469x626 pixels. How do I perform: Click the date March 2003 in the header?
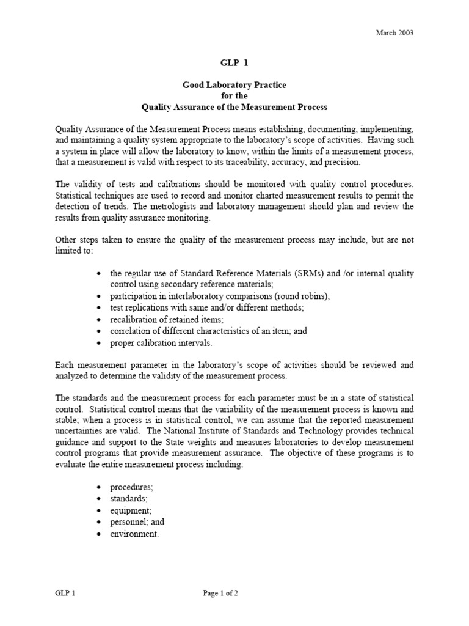(x=394, y=33)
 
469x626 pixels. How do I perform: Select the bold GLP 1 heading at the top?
(x=234, y=62)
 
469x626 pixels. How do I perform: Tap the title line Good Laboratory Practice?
(x=234, y=85)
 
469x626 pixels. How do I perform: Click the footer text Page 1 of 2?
(x=220, y=593)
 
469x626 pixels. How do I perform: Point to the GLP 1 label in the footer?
(x=65, y=593)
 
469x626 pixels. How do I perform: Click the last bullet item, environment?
(x=134, y=534)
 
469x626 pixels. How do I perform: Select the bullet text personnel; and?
(x=137, y=522)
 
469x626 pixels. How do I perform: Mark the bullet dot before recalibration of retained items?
(x=99, y=320)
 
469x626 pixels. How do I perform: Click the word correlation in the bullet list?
(x=130, y=331)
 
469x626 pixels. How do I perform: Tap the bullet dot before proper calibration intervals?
(x=99, y=343)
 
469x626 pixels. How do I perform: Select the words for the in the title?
(x=234, y=96)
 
